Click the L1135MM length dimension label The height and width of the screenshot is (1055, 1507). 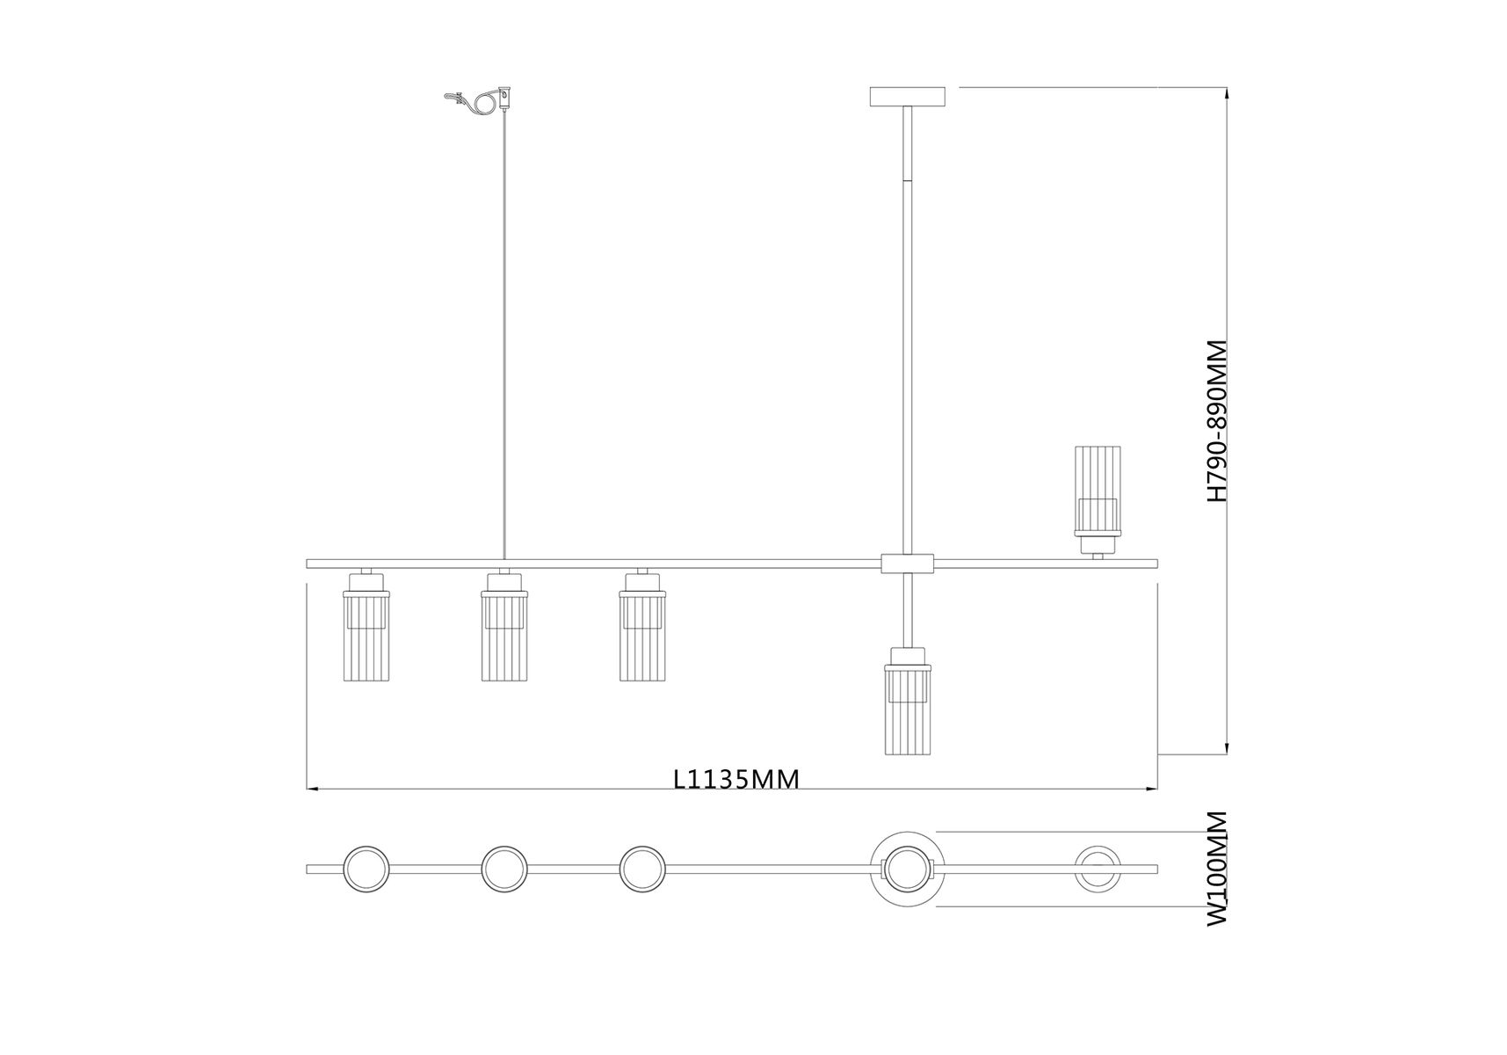pos(736,779)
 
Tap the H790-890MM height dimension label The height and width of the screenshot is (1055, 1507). pos(1216,421)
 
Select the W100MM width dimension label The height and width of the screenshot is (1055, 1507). pos(1216,868)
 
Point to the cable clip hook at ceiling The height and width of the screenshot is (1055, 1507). pos(478,101)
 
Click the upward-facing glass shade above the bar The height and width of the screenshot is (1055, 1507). pos(1097,500)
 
